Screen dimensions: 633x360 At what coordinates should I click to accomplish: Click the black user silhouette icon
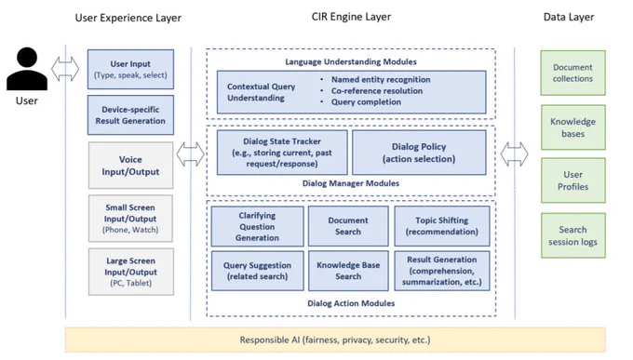27,69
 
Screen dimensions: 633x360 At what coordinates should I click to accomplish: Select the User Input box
131,70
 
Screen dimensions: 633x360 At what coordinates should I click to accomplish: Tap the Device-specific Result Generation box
131,115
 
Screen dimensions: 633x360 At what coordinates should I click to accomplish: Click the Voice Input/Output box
131,166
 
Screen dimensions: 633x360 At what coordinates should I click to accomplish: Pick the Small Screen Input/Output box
131,219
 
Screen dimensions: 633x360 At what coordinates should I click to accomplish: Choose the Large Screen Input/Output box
131,272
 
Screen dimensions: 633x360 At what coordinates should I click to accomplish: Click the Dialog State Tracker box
282,153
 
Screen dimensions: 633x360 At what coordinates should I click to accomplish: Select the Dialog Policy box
419,153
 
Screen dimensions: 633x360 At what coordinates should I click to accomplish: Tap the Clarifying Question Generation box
257,226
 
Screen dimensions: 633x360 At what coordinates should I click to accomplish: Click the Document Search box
348,226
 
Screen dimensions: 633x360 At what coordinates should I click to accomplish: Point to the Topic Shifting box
442,226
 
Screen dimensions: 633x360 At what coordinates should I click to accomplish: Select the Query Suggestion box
257,271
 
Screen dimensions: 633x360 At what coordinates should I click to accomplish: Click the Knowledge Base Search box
348,271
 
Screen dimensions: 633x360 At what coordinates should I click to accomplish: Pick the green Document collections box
572,73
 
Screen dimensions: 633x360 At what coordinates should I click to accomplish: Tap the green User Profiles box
572,180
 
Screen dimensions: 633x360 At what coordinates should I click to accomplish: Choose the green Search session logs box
572,235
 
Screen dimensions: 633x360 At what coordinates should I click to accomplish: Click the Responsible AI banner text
335,340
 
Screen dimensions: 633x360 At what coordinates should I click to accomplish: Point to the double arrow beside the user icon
65,69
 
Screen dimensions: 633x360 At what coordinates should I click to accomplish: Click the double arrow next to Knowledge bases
514,154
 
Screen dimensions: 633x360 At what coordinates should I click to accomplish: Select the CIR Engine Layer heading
351,17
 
